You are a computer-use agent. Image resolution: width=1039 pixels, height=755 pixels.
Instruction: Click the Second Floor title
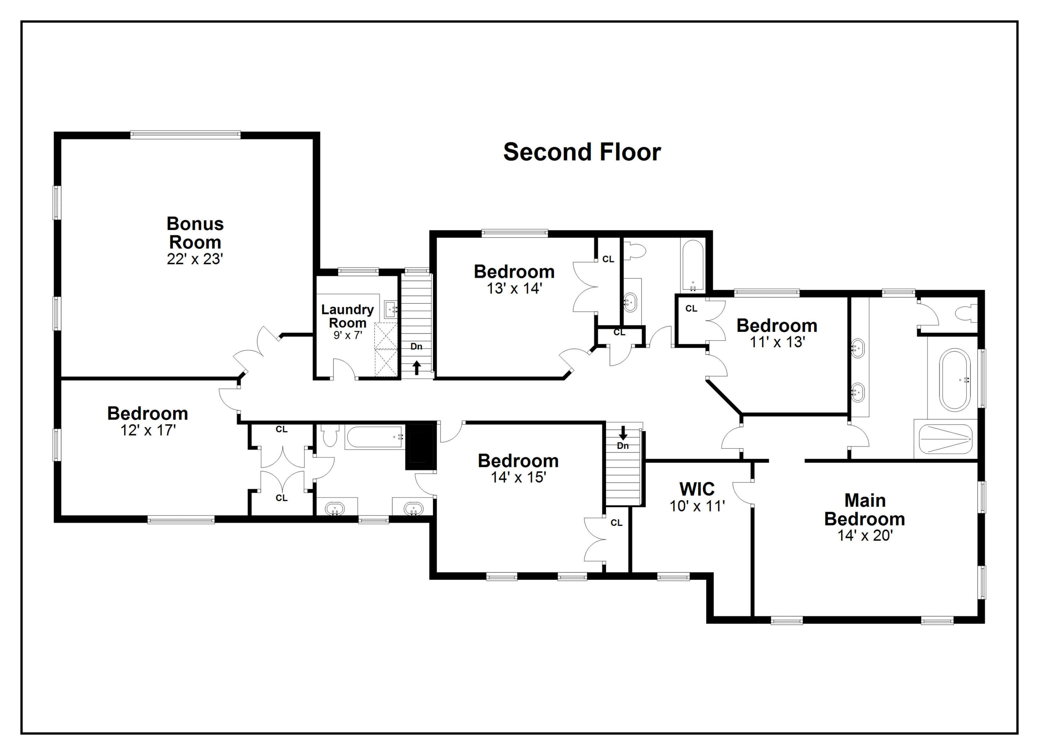pos(581,152)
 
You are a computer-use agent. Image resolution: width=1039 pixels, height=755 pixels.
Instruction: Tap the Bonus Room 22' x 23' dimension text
pos(195,259)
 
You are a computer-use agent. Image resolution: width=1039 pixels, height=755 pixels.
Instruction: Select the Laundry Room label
pos(347,316)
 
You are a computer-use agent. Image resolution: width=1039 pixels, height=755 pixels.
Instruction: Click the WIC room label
pos(697,489)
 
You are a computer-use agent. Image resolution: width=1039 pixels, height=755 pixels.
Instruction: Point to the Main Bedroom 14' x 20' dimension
pos(864,535)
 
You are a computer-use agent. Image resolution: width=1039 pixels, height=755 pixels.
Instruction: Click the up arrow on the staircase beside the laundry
pos(416,368)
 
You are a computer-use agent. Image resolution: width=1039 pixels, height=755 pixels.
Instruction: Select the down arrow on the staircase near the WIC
pos(623,433)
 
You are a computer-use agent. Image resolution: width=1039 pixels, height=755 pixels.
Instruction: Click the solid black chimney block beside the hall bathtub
pos(420,447)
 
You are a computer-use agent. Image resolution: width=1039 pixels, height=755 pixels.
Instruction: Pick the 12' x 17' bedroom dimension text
pos(148,430)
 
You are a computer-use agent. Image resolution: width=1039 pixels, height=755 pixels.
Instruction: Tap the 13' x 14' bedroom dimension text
pos(514,288)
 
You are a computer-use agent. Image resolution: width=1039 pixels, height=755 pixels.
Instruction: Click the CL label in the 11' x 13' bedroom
pos(691,308)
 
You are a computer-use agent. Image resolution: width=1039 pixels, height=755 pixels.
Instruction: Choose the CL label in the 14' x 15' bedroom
pos(616,523)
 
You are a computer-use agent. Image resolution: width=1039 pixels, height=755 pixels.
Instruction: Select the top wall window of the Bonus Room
pos(185,135)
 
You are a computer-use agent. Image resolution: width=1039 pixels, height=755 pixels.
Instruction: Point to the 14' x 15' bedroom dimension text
pos(518,477)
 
